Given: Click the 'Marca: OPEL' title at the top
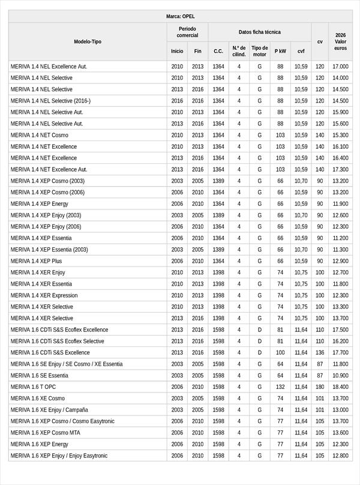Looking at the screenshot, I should tap(180, 16).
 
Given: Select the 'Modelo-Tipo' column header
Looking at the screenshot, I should tap(88, 41).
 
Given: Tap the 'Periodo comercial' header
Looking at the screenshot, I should tap(187, 32).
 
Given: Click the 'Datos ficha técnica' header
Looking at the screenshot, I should tap(259, 32).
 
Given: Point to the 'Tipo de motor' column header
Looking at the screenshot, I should tap(260, 51).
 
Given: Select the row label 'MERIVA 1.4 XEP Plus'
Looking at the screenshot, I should tap(36, 261).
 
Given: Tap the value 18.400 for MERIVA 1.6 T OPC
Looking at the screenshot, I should tap(340, 387).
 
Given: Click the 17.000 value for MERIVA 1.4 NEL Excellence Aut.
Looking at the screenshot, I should tap(340, 67).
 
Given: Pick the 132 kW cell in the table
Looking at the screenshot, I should tap(280, 387).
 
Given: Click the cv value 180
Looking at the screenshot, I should tap(320, 387).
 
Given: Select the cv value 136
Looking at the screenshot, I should tap(320, 353).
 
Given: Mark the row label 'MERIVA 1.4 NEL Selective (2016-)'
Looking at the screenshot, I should tap(50, 101).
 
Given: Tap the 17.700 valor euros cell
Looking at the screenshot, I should tap(340, 353).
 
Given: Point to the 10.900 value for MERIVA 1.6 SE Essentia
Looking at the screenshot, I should tap(340, 376).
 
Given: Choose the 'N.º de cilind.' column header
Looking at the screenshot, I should tap(239, 51).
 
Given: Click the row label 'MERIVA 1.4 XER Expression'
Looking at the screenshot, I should tap(44, 295).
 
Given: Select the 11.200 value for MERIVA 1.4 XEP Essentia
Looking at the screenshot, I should tap(340, 238).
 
